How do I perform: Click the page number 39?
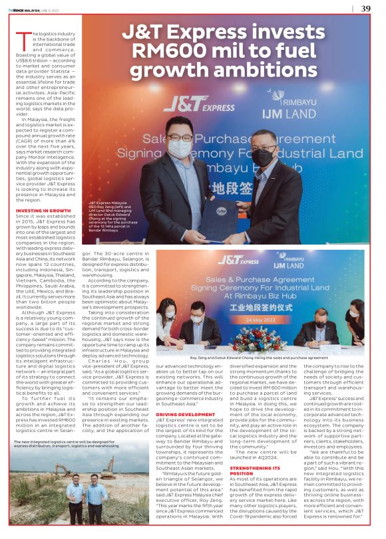[365, 9]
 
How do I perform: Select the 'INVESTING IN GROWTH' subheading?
[43, 211]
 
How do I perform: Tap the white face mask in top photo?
[179, 148]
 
